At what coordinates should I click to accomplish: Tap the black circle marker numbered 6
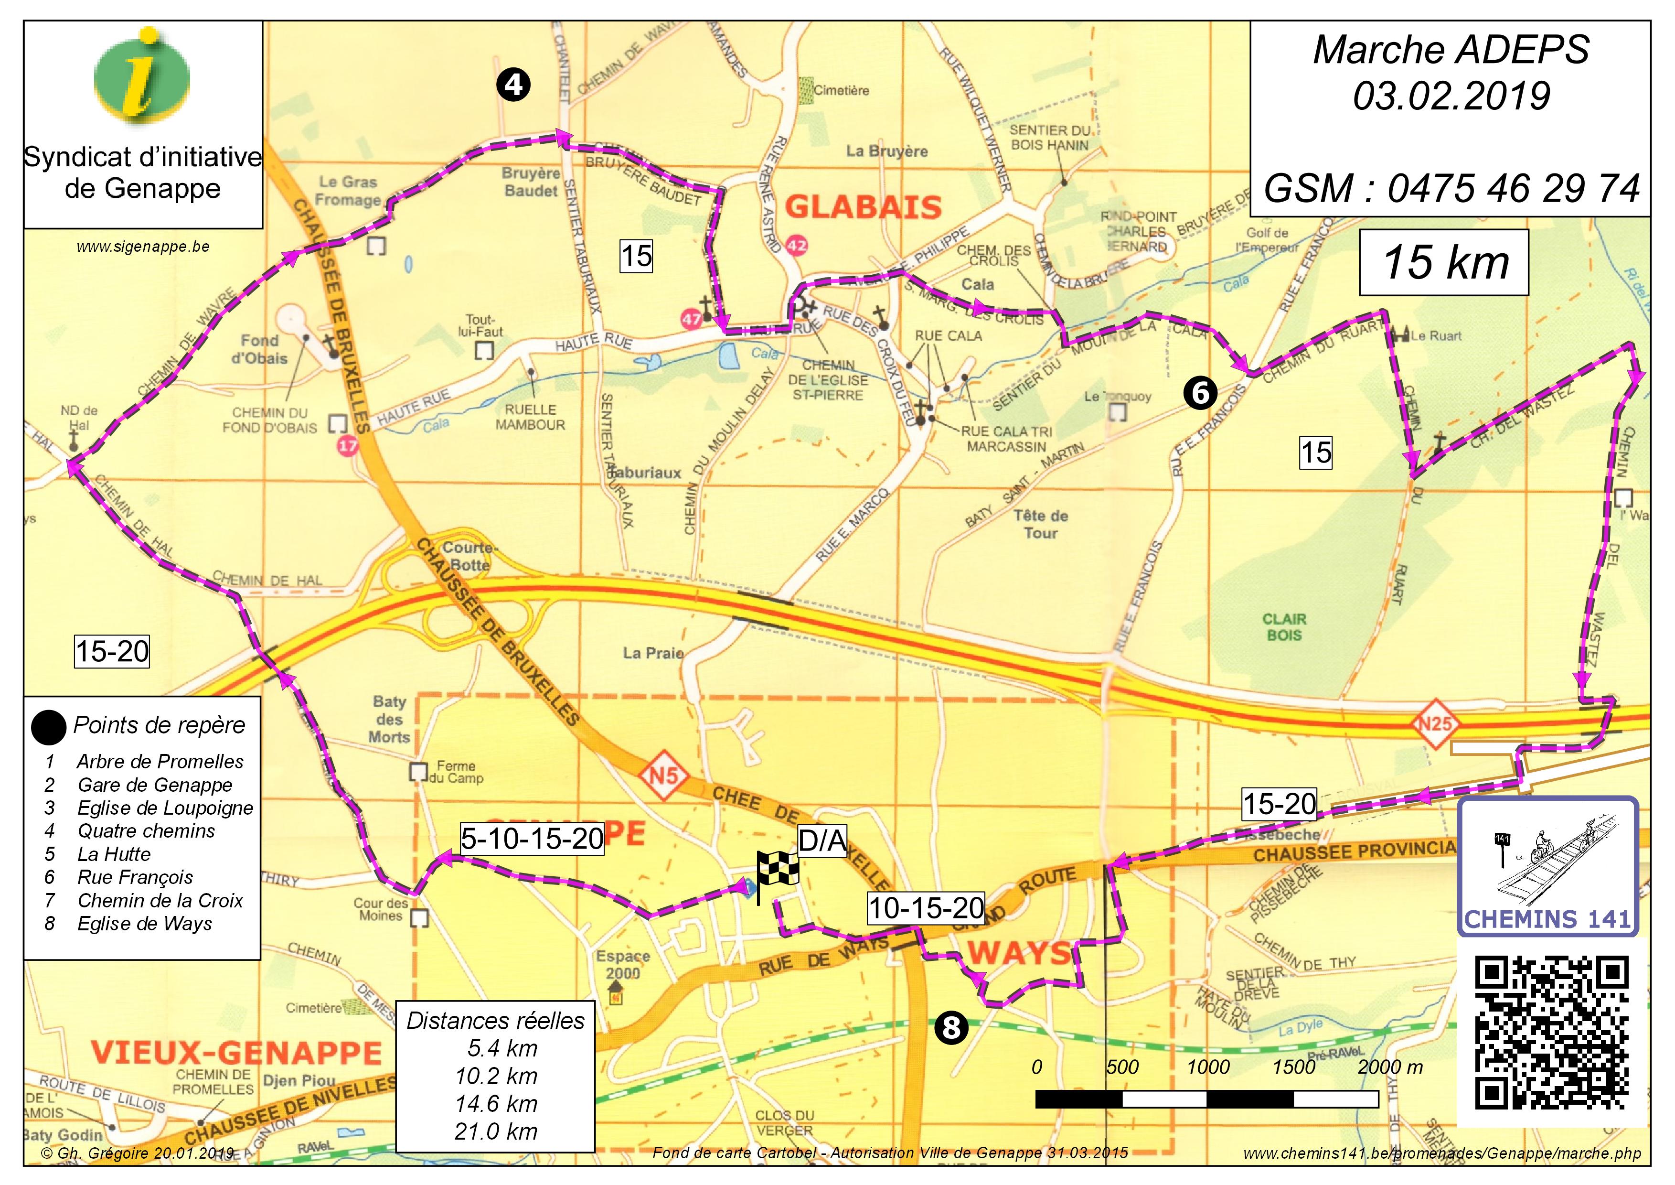[x=1200, y=393]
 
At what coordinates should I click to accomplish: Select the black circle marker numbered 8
[x=951, y=1028]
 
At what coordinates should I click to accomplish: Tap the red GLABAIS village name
[x=863, y=208]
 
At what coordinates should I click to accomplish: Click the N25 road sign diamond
[x=1435, y=724]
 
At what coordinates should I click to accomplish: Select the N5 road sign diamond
[x=664, y=775]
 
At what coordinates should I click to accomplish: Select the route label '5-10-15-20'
[x=532, y=839]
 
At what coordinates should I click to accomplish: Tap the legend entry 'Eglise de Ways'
[x=144, y=924]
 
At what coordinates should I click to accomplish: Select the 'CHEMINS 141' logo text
[x=1547, y=919]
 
